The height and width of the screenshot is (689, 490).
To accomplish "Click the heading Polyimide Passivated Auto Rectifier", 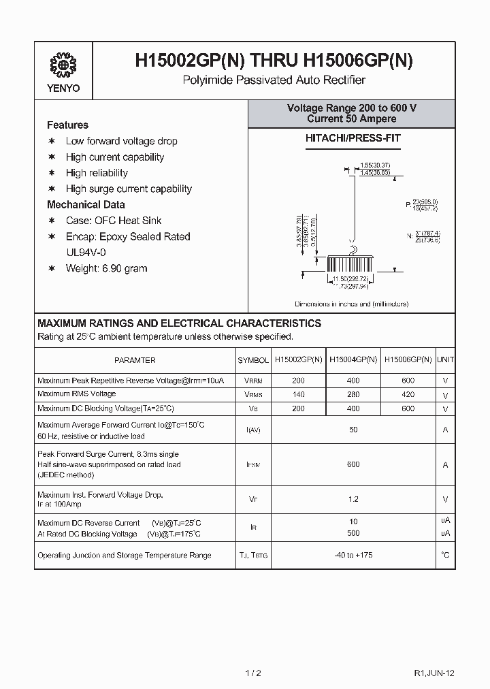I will tap(274, 80).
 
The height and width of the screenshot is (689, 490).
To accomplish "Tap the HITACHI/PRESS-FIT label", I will tap(351, 138).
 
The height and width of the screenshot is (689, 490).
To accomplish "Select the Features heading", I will tap(67, 125).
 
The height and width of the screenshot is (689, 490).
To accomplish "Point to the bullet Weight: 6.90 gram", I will tap(106, 268).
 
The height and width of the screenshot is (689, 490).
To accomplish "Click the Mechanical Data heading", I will tap(86, 205).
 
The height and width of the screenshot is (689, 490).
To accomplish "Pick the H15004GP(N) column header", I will tap(353, 359).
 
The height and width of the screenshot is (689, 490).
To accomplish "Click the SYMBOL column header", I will tap(252, 360).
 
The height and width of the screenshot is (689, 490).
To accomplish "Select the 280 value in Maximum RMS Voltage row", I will tap(353, 394).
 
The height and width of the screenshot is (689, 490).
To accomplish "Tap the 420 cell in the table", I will tap(408, 394).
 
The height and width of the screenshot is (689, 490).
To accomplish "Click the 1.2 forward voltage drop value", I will tap(353, 499).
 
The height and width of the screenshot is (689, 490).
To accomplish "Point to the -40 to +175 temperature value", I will tap(353, 555).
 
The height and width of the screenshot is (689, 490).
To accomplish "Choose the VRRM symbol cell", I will tap(252, 381).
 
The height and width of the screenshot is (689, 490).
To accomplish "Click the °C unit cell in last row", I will tap(445, 555).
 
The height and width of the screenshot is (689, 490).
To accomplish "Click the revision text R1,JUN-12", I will tap(434, 673).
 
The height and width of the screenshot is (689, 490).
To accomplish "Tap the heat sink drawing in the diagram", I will tap(351, 265).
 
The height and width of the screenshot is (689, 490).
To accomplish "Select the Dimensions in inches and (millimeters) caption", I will tap(351, 304).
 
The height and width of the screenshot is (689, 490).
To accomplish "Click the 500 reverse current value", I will tap(353, 533).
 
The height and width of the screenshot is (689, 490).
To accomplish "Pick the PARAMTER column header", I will tap(135, 360).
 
